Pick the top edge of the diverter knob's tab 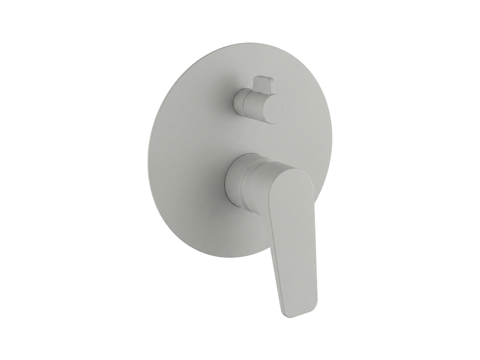click(x=264, y=77)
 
